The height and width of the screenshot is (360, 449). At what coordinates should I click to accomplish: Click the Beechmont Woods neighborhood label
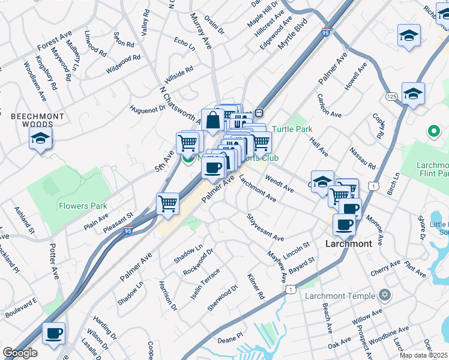coord(29,119)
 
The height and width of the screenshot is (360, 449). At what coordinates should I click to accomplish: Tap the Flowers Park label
coord(83,206)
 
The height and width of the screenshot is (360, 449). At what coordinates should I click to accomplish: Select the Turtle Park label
coord(292,129)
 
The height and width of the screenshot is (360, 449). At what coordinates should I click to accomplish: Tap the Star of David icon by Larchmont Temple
coord(385,295)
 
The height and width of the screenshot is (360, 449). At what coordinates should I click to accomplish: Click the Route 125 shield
coord(392,97)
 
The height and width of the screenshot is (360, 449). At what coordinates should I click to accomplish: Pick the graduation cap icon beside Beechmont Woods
coord(41,140)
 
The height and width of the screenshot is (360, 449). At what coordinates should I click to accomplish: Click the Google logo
coord(20,353)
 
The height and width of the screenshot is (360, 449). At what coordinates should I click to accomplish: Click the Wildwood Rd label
coord(122,64)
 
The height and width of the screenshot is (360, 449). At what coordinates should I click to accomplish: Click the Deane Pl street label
coord(230,340)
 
